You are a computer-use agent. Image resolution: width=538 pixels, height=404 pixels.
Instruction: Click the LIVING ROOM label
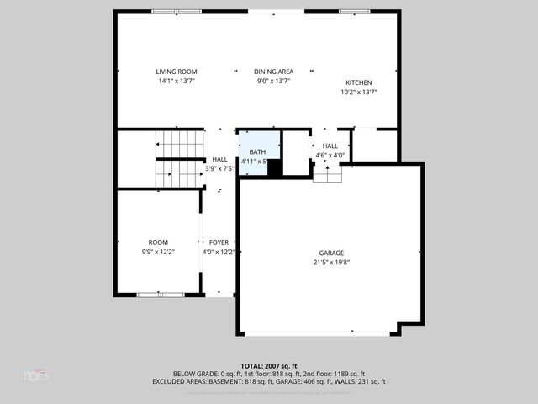[x=176, y=72]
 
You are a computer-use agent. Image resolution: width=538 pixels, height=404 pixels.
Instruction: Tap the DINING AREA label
[x=274, y=72]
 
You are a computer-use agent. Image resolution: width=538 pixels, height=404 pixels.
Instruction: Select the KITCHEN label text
[x=358, y=82]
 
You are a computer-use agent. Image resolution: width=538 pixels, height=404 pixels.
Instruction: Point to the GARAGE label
[x=330, y=252]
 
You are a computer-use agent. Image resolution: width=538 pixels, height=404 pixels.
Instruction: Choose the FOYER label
[x=219, y=242]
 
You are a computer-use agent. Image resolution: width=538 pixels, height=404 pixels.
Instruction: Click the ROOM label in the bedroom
[x=158, y=242]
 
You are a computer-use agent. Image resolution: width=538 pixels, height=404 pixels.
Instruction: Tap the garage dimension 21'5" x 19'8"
[x=330, y=262]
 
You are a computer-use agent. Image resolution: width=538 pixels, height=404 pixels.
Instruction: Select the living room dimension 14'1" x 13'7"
[x=176, y=82]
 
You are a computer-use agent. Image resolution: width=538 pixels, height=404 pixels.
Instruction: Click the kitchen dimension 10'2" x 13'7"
[x=358, y=92]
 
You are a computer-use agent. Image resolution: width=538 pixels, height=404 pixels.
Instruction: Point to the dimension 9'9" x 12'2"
[x=158, y=252]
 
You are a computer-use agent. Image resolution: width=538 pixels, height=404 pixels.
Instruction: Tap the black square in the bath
[x=273, y=167]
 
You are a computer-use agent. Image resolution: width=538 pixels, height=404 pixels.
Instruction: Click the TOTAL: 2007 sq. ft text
[x=269, y=366]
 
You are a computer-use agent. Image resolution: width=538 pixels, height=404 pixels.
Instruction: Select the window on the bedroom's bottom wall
[x=161, y=294]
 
